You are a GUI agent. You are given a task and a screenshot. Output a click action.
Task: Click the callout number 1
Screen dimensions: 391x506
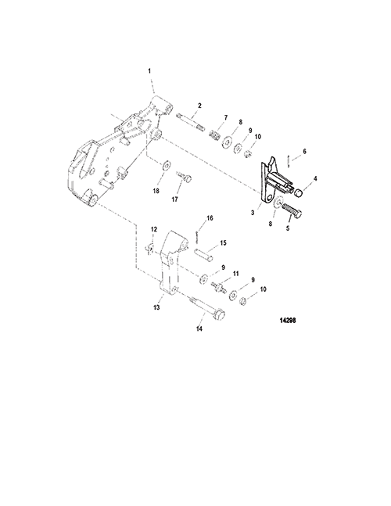pos(149,71)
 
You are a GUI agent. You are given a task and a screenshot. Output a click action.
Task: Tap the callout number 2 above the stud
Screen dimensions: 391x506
pos(199,106)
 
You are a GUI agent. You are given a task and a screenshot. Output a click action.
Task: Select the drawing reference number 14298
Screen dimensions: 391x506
pos(288,321)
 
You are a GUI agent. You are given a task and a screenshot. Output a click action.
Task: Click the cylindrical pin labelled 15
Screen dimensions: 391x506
pos(203,254)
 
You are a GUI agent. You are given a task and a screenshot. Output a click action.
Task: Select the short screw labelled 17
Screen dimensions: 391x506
pos(185,176)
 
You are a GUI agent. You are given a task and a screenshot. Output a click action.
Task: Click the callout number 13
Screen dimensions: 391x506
pos(156,307)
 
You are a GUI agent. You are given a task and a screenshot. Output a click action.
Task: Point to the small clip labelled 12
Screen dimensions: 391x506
pos(149,249)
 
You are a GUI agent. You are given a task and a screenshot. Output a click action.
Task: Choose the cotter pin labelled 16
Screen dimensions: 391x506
pos(197,236)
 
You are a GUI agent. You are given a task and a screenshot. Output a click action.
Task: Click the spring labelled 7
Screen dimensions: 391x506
pos(214,134)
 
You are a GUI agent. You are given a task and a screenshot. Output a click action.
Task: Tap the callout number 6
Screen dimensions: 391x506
pos(304,152)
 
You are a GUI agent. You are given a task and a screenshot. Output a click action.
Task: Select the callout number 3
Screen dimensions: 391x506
pos(253,213)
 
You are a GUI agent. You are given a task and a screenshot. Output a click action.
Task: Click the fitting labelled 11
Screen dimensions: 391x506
pos(218,286)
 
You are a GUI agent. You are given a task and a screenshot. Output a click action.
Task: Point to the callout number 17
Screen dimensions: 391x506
pos(175,199)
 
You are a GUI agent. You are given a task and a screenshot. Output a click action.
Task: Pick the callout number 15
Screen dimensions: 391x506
pos(223,242)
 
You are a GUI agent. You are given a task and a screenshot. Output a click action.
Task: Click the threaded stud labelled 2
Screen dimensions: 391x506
pos(191,122)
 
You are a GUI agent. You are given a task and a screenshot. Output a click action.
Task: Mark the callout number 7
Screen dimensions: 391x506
pos(226,118)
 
